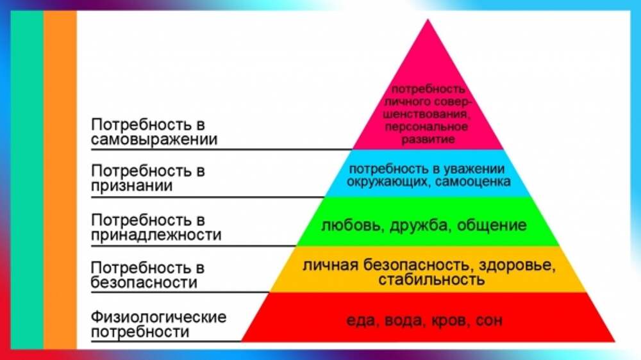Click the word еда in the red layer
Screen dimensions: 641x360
coord(360,321)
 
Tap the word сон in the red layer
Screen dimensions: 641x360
coord(489,321)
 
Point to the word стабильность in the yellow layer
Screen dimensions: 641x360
coord(431,280)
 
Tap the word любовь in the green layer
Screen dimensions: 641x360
coord(352,225)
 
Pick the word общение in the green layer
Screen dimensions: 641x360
coord(492,225)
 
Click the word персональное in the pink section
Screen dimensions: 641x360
coord(426,127)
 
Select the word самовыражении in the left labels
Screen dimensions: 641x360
coord(154,140)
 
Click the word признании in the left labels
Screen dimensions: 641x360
coord(131,186)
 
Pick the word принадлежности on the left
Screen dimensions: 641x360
coord(156,235)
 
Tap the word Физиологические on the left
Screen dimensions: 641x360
coord(158,316)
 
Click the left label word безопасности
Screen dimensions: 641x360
coord(144,282)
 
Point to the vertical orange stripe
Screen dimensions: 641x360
coord(60,180)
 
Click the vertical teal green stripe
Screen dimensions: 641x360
coord(27,180)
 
